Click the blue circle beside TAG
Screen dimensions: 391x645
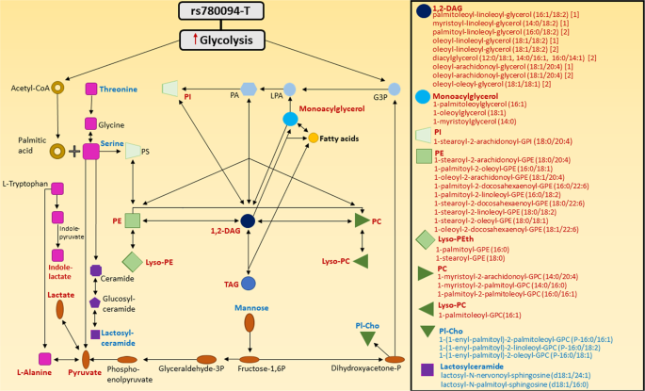[249, 283]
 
